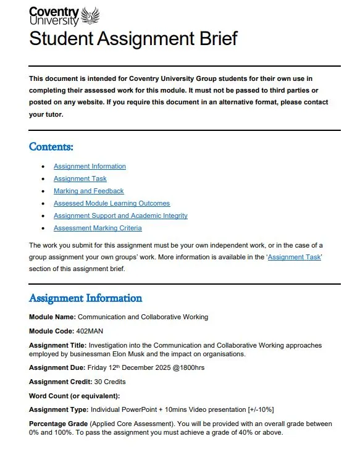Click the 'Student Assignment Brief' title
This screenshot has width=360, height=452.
(x=133, y=38)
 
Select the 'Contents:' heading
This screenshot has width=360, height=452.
(x=51, y=147)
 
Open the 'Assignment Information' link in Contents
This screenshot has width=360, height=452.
(x=90, y=167)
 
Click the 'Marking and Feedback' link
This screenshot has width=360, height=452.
(x=88, y=191)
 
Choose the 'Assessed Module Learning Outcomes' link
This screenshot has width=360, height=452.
(x=111, y=204)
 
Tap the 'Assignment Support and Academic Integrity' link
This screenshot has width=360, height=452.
(x=120, y=216)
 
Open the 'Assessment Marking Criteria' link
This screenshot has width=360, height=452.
(x=98, y=228)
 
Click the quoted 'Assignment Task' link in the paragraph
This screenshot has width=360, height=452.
(x=294, y=257)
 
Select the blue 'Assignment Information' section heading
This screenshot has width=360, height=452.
(x=85, y=298)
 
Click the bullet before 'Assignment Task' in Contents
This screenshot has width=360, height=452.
(x=42, y=179)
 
